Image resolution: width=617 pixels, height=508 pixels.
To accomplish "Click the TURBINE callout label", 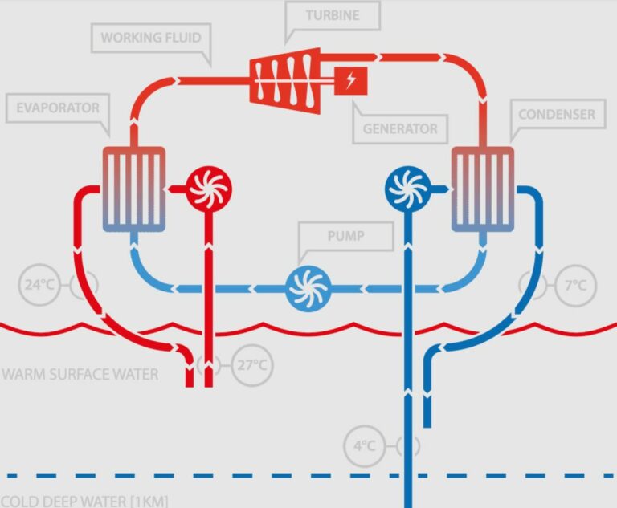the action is pos(333,16).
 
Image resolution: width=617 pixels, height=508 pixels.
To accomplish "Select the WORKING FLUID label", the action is pos(151,38).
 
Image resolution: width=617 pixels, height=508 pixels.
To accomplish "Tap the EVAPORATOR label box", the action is pos(58,108).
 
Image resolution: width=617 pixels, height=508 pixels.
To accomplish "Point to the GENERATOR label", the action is pos(400,128).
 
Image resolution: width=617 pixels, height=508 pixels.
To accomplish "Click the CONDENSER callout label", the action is pos(557,114).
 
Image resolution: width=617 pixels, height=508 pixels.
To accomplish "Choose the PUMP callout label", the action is pos(346,236).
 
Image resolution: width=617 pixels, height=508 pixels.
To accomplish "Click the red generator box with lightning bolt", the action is pos(350,81).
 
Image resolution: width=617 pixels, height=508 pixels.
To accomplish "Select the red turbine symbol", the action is pos(285,81).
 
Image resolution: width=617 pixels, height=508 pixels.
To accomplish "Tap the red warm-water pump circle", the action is pos(209,189).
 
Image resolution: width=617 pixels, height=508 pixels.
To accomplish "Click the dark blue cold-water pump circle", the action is pos(408,189).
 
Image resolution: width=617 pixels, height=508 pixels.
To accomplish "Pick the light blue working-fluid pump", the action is pos(308,288).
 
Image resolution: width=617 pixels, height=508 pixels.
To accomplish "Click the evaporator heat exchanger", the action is pos(134,189).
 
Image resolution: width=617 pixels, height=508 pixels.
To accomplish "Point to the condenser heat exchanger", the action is pos(483,189).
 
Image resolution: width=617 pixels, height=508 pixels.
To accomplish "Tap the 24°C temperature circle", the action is pos(39,285).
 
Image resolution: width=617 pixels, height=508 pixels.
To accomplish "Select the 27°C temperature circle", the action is pos(251,365).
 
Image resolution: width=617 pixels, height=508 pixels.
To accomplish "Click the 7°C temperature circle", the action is pos(575,286).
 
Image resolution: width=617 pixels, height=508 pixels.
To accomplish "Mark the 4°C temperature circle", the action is pos(365,446).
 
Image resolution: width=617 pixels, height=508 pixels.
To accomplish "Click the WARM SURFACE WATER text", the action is pos(80,374).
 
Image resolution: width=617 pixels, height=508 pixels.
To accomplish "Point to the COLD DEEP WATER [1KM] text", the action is pos(84,502).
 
